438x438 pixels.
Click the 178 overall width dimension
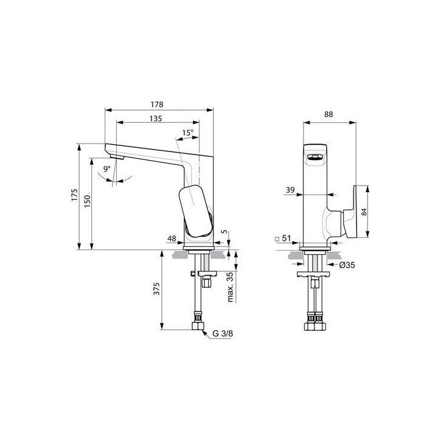(x=159, y=104)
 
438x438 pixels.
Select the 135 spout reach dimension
(x=155, y=119)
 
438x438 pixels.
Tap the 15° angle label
(x=187, y=133)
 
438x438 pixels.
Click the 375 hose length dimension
(x=156, y=288)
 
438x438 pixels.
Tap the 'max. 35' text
(x=231, y=287)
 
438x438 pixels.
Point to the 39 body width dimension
(x=290, y=190)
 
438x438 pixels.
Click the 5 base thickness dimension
(x=225, y=232)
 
